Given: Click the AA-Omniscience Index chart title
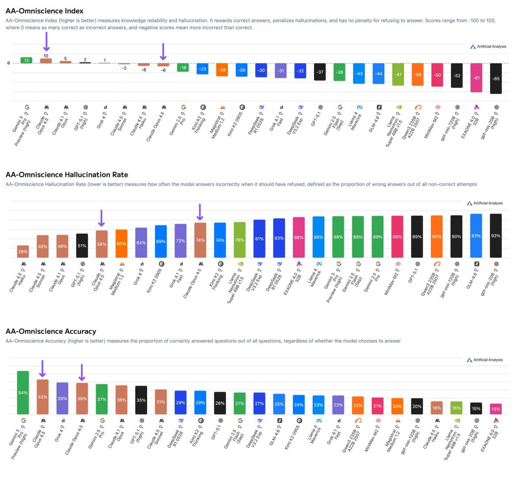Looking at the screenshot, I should point(44,11).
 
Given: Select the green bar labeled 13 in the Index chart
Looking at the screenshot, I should point(26,60).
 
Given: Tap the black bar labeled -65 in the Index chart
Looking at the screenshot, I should point(496,79).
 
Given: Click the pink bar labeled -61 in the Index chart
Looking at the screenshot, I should point(476,78).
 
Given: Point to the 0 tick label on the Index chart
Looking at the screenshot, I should point(8,63).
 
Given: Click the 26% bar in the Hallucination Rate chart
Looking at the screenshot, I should point(23,252).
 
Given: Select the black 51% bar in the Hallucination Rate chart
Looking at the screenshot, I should point(82,246).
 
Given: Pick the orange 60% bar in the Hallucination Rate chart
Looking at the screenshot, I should point(121,244).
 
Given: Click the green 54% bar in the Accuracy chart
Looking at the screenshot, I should point(23,393).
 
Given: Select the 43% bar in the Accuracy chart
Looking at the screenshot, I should point(42,397).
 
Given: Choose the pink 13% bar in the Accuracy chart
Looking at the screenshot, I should point(496,409).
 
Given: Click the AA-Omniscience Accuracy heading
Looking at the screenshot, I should point(51,331).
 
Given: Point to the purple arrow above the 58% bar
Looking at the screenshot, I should point(102,218).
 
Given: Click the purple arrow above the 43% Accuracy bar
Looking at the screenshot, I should point(42,369).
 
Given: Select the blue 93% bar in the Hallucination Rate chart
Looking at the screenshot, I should point(476,236).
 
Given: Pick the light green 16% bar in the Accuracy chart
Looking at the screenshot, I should point(457,408).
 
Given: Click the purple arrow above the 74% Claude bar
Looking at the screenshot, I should point(200,212).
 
